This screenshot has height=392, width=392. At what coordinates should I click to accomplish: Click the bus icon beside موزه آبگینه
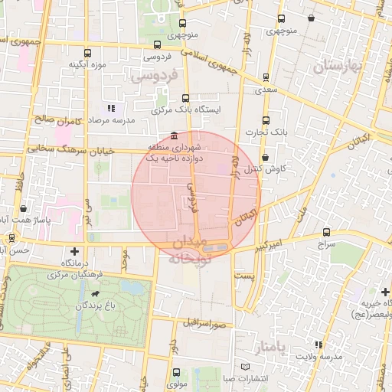[x=87, y=54]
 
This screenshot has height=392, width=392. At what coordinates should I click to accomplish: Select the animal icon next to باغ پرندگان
[x=95, y=293]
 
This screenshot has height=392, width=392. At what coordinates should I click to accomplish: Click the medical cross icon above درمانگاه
[x=74, y=251]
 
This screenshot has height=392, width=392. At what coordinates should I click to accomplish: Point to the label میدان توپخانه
[x=188, y=250]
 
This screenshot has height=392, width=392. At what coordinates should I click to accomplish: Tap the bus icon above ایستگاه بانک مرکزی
[x=186, y=98]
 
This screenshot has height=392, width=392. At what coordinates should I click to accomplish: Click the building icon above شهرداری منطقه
[x=176, y=135]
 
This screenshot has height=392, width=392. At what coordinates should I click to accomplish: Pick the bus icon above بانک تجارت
[x=266, y=120]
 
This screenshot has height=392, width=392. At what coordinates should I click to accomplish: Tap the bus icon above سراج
[x=327, y=232]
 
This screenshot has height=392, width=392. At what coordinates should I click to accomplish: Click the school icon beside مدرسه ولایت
[x=318, y=345]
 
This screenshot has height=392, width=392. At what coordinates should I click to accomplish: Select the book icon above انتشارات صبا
[x=245, y=365]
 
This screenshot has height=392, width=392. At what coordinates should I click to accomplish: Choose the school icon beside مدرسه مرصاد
[x=112, y=109]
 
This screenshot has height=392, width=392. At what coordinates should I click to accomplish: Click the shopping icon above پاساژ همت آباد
[x=24, y=207]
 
